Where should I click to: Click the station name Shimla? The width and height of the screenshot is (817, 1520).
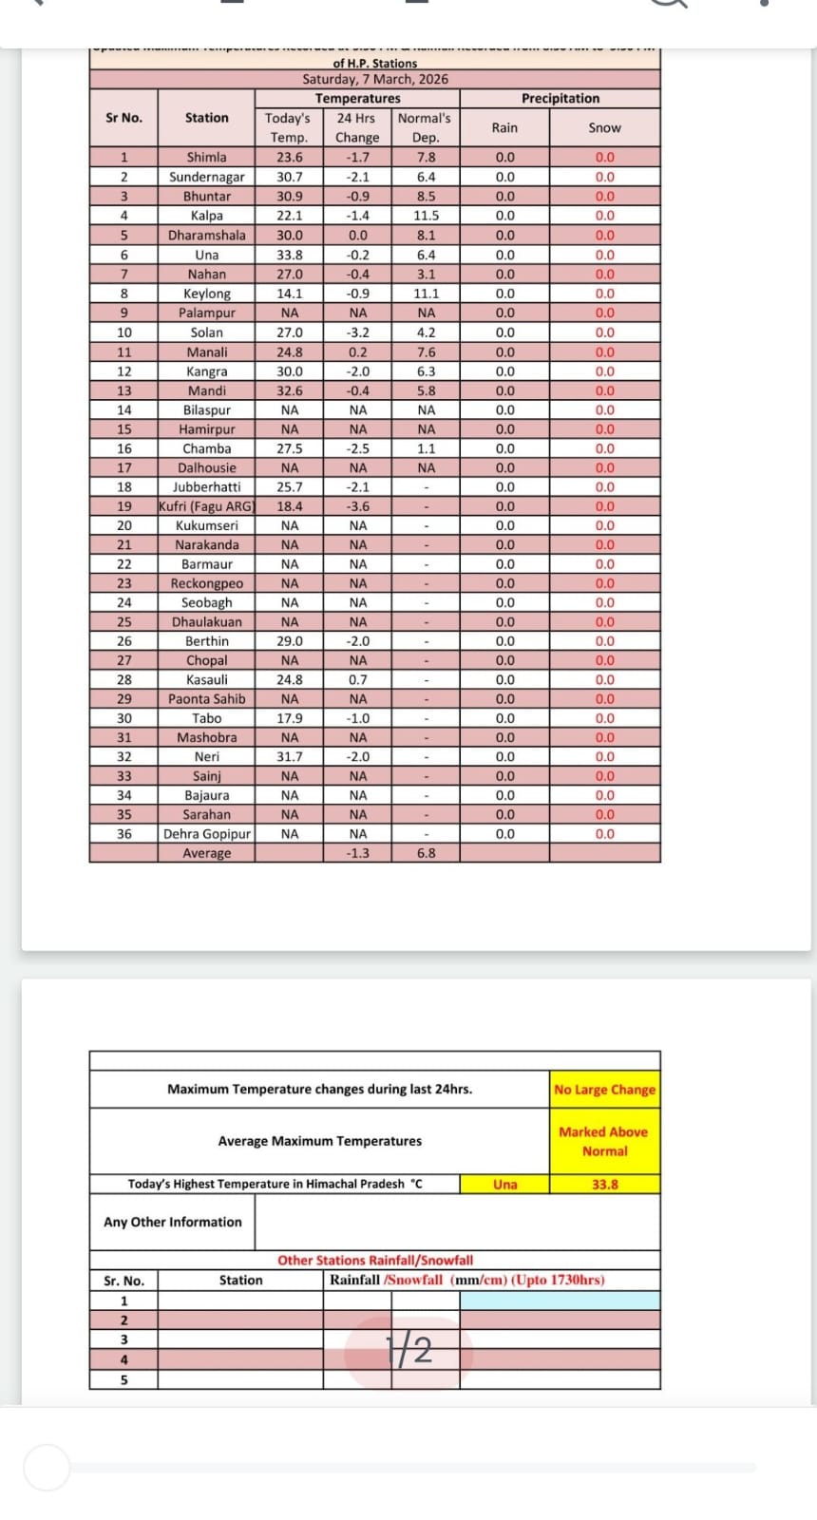(x=206, y=158)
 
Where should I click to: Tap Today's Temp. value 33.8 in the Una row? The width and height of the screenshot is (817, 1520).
(x=290, y=255)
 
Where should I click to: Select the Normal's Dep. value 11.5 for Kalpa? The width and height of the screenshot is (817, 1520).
(x=426, y=216)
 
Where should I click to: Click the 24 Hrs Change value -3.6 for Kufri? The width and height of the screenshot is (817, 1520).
(x=357, y=506)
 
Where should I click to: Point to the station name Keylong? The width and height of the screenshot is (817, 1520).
(x=206, y=294)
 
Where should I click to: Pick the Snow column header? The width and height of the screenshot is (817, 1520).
(x=604, y=127)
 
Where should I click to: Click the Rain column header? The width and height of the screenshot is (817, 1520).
(x=504, y=127)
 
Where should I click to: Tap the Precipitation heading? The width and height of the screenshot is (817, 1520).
(x=560, y=99)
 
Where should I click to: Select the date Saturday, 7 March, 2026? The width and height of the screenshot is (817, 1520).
(x=375, y=80)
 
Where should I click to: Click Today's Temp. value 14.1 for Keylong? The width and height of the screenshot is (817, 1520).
(x=290, y=294)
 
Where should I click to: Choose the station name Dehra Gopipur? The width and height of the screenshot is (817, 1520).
(x=206, y=834)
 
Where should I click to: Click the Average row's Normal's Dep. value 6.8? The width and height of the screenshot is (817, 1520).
(x=426, y=853)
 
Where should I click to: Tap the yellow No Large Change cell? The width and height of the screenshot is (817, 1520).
(x=604, y=1090)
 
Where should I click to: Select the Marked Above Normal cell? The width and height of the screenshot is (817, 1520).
(x=604, y=1141)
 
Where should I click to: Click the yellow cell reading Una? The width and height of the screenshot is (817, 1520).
(x=504, y=1185)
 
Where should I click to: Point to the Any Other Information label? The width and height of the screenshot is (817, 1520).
(x=172, y=1222)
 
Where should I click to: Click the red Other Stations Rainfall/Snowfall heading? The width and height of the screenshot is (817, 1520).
(x=375, y=1261)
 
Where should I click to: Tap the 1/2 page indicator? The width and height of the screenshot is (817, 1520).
(x=408, y=1350)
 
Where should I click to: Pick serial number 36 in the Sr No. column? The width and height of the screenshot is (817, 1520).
(x=123, y=834)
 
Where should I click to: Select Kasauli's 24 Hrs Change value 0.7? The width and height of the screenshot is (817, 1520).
(x=357, y=680)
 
